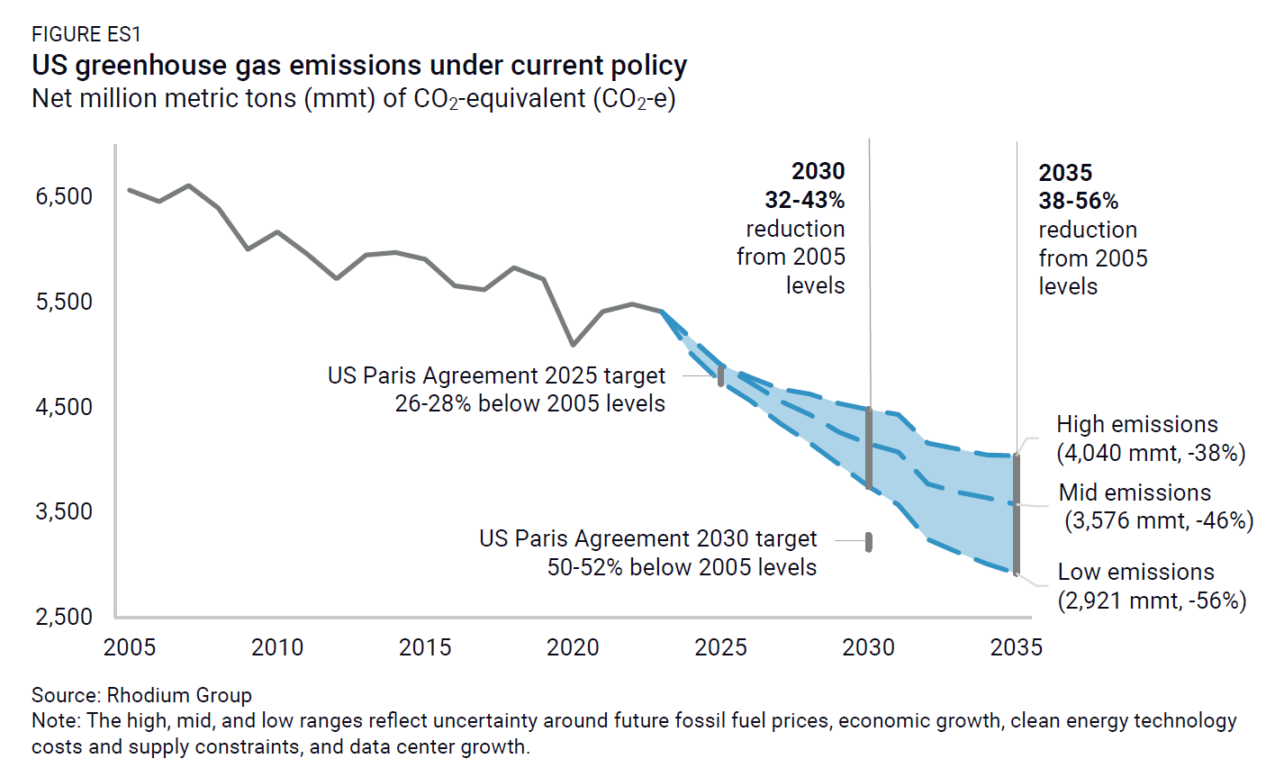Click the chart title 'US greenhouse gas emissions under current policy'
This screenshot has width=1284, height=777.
click(x=359, y=66)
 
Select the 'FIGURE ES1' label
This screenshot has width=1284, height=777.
click(x=86, y=35)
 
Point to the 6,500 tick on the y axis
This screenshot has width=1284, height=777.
click(x=64, y=196)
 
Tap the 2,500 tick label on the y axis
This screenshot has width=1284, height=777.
click(x=64, y=617)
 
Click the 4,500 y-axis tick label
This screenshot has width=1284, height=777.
click(x=64, y=407)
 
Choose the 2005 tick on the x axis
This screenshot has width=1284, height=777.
click(x=130, y=647)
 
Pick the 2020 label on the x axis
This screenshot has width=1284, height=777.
click(x=573, y=647)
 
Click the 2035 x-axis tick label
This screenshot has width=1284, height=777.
click(x=1016, y=647)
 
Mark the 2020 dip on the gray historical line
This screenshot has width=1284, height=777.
click(x=574, y=345)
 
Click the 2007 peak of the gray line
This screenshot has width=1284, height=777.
click(x=188, y=185)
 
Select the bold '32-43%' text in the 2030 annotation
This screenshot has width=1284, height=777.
click(x=804, y=200)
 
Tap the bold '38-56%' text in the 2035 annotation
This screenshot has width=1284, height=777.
click(x=1079, y=201)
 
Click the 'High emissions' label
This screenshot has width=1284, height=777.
click(x=1136, y=424)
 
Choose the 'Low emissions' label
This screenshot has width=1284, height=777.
click(x=1135, y=572)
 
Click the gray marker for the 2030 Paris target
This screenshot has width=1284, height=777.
click(x=869, y=541)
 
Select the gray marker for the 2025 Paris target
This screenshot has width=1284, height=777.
click(x=720, y=376)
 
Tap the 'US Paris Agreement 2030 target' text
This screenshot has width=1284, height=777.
click(x=647, y=539)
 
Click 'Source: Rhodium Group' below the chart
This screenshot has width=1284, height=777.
click(x=141, y=695)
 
